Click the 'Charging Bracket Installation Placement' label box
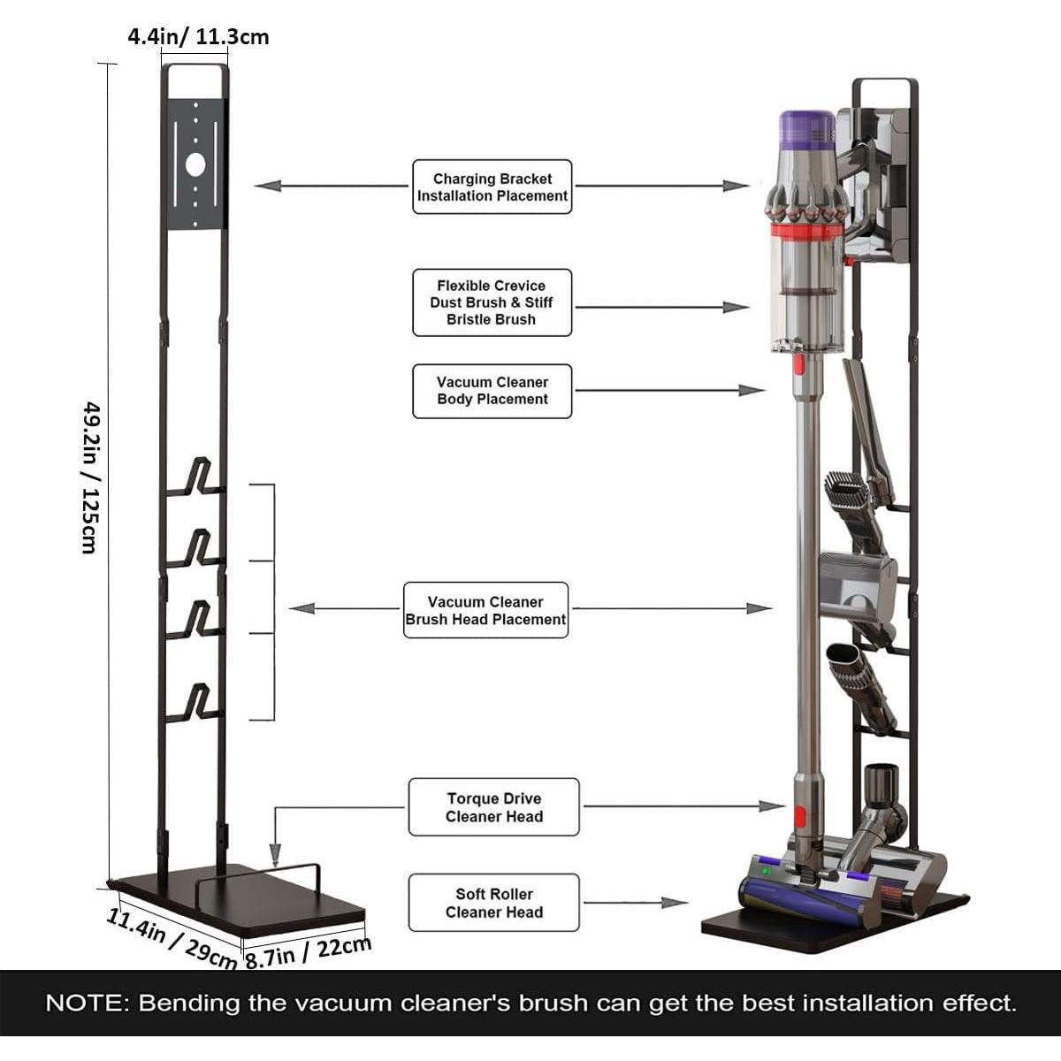492,187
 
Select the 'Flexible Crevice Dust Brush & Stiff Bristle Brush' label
492,302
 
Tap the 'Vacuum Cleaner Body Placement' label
492,391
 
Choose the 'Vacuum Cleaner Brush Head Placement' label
485,610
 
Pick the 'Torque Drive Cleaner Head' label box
493,807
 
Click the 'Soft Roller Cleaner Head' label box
493,903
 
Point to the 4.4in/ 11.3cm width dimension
198,37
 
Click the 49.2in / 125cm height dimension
89,477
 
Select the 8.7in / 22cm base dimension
307,951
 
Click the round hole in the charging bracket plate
195,164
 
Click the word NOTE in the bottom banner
86,1004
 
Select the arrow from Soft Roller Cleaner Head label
637,903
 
